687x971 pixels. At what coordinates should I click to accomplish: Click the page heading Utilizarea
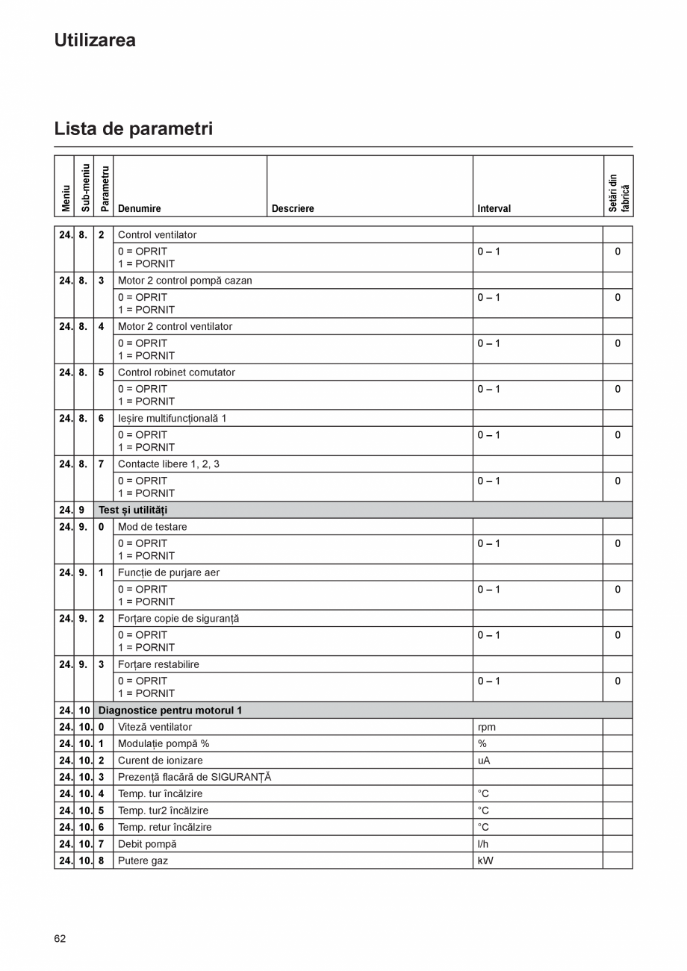pos(95,40)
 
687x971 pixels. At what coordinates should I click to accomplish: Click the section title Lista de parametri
pos(133,128)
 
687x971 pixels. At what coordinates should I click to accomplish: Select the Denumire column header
pos(140,209)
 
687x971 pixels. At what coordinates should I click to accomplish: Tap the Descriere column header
pos(293,209)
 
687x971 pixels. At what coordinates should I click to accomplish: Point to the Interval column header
pos(494,209)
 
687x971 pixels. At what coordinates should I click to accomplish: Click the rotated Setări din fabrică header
pos(618,193)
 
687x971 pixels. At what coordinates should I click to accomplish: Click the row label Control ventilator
pos(157,235)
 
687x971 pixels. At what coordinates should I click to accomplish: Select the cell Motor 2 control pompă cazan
pos(184,281)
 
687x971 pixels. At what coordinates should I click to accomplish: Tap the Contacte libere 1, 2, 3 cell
pos(168,464)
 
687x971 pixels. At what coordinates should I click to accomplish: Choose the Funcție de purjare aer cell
pos(168,573)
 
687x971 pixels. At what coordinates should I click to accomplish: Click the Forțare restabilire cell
pos(158,664)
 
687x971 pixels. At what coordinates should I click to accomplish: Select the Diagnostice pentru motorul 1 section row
pos(170,711)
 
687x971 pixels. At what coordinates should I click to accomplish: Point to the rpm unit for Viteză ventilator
pos(486,727)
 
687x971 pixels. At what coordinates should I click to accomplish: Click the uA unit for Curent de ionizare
pos(484,761)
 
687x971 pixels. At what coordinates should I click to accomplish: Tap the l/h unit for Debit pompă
pos(483,844)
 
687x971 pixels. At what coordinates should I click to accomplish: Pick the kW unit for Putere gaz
pos(485,861)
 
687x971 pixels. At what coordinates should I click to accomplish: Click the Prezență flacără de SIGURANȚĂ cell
pos(194,777)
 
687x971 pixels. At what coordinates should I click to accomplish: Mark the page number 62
pos(60,939)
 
